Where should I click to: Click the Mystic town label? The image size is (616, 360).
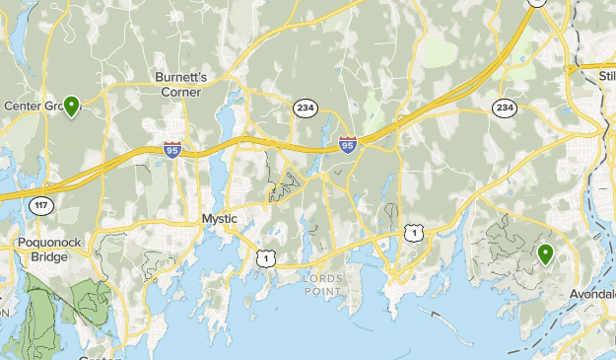220,219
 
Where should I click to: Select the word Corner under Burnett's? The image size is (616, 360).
181,92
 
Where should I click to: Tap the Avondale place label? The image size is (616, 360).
592,294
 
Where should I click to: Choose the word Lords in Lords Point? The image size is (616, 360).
322,278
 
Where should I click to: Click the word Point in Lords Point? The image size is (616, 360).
322,290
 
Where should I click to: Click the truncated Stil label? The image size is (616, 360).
605,75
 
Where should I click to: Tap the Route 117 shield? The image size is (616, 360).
39,205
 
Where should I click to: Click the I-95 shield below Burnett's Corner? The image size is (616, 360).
172,150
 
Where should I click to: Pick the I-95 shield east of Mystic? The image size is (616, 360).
347,145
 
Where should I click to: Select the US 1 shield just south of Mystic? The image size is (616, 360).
264,258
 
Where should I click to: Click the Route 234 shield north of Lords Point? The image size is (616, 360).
304,107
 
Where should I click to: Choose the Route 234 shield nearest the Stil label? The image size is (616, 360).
505,107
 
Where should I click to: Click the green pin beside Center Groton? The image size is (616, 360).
71,106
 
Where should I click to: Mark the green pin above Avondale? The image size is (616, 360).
545,255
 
